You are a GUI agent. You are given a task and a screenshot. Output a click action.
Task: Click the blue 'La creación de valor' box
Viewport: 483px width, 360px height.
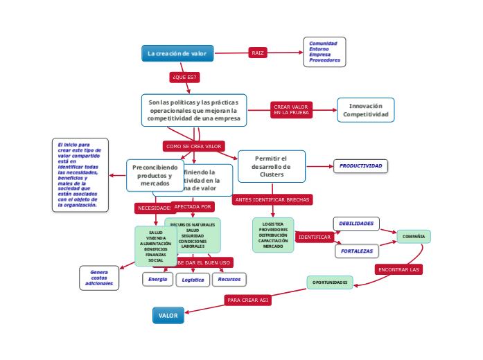(x=177, y=53)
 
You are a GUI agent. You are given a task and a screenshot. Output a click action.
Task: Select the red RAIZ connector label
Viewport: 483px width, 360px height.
(x=258, y=53)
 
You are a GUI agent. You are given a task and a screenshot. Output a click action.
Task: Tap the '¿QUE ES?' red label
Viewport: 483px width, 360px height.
(x=184, y=77)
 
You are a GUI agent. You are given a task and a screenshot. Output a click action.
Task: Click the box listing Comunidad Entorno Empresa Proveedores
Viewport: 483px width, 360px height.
(x=324, y=52)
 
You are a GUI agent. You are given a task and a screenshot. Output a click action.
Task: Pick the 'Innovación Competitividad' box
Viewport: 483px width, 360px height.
(x=366, y=110)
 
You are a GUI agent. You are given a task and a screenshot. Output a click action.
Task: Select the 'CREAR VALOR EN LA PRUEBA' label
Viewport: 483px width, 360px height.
(x=291, y=109)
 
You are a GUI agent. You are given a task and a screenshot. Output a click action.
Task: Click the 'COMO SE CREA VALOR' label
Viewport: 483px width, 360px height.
(x=194, y=146)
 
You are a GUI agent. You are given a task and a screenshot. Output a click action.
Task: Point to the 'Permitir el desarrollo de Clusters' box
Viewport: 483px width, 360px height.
(x=272, y=166)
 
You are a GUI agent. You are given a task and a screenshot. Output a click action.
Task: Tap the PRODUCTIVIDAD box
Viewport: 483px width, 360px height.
(x=360, y=166)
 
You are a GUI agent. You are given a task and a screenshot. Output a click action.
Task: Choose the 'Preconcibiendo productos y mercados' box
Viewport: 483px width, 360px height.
(x=154, y=175)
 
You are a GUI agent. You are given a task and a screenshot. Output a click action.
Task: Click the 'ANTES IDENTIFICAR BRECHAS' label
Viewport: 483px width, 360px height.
(x=272, y=199)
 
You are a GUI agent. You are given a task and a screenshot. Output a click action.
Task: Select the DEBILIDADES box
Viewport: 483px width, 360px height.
(x=357, y=223)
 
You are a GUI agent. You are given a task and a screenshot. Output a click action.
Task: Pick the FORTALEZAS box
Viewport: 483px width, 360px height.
(x=357, y=251)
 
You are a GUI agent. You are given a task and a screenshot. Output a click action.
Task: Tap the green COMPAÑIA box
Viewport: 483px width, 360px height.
(x=414, y=237)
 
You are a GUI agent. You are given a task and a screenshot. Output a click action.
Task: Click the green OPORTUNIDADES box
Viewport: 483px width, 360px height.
(x=330, y=282)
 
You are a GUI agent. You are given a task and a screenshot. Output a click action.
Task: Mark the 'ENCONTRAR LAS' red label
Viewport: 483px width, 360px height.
(x=399, y=269)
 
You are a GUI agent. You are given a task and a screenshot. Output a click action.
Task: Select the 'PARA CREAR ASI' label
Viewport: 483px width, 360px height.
(x=247, y=300)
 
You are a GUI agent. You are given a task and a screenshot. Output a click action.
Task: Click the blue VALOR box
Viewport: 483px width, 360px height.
(x=168, y=316)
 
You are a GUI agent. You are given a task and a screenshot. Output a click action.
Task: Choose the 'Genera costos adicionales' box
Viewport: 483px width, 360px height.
(x=99, y=278)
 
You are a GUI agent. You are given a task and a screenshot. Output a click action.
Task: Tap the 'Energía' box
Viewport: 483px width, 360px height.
(x=157, y=279)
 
